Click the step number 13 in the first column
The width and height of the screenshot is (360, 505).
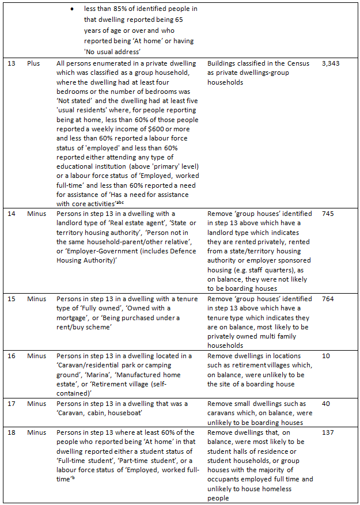pos(11,63)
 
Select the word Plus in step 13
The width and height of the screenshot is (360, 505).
pos(33,63)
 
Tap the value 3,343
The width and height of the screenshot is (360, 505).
pos(331,63)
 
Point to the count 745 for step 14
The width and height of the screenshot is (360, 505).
pos(328,214)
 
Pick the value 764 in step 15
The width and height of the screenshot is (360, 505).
pos(328,299)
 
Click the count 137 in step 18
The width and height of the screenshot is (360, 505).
pos(328,432)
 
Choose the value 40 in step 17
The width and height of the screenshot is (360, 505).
pos(326,404)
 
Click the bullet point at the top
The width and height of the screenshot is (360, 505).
pos(71,10)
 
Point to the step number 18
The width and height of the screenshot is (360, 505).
pos(11,432)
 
